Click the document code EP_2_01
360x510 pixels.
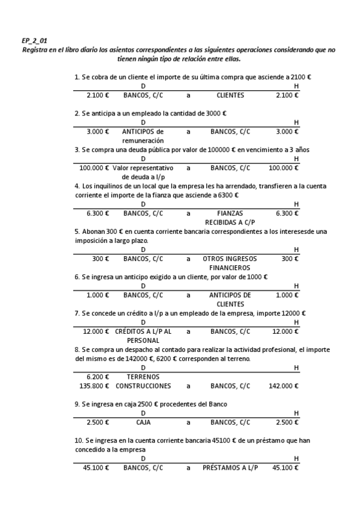coord(34,40)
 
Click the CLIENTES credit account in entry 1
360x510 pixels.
coord(230,95)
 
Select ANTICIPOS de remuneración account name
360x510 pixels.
coord(143,135)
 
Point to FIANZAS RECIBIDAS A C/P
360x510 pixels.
coord(230,217)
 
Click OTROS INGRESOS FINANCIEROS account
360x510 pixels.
coord(230,263)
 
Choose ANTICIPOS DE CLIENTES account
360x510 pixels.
coord(230,300)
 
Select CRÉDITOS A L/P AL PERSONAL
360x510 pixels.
coord(143,336)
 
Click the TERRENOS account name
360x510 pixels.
coord(143,376)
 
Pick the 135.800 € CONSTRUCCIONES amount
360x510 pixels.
coord(94,386)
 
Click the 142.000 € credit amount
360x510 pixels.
coord(284,386)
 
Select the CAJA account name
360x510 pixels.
coord(143,422)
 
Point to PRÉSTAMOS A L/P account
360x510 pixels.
coord(230,467)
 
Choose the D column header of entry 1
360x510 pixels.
coord(143,87)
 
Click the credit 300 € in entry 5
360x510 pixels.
coord(289,259)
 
